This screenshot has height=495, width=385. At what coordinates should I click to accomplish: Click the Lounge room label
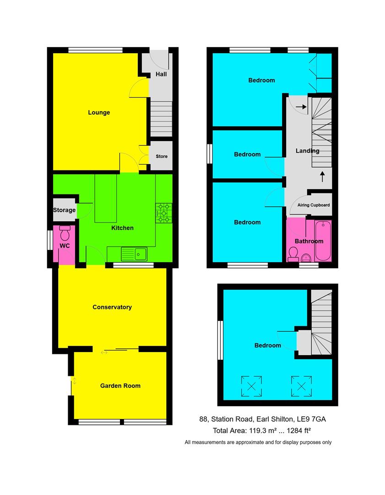click(99, 112)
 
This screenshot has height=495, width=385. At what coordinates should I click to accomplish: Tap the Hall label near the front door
click(161, 74)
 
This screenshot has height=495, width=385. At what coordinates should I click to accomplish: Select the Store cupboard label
click(162, 156)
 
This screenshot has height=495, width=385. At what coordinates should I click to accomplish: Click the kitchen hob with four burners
click(164, 214)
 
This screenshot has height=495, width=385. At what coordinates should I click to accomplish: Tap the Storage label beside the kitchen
click(64, 210)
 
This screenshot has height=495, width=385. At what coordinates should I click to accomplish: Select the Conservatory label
click(112, 307)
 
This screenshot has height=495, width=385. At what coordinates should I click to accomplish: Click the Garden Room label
click(120, 386)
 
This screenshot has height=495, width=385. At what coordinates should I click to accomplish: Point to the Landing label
click(308, 151)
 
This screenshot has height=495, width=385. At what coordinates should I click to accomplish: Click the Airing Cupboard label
click(314, 205)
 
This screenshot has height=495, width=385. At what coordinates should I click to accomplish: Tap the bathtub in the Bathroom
click(325, 241)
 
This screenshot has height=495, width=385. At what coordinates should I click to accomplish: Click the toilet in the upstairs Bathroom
click(293, 253)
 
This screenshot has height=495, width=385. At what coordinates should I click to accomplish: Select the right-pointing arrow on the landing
click(301, 107)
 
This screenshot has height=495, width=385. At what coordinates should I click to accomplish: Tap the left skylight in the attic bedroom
click(252, 385)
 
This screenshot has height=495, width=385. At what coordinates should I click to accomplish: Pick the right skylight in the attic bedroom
click(301, 385)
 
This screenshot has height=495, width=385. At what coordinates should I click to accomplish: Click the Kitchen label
click(122, 228)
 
